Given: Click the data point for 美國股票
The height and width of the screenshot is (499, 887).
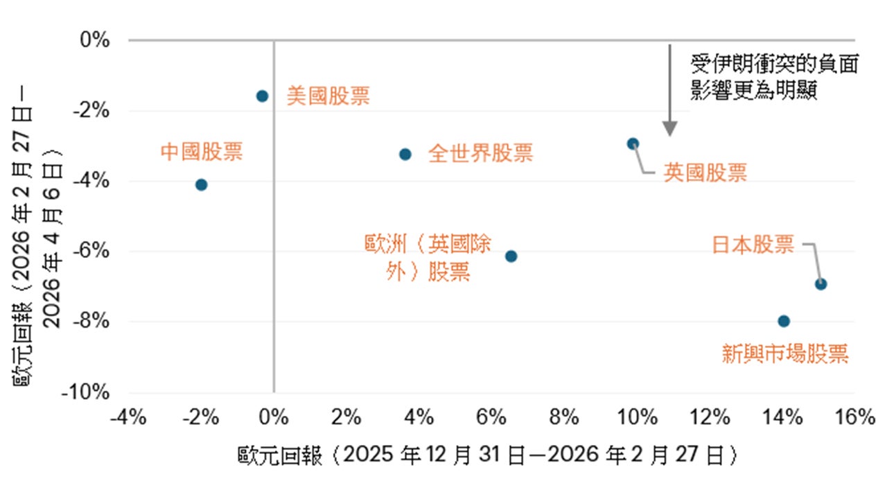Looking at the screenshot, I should click(x=262, y=96).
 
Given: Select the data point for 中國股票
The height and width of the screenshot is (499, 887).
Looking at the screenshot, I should click(x=201, y=184).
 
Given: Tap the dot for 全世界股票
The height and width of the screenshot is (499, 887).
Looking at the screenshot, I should click(x=405, y=154).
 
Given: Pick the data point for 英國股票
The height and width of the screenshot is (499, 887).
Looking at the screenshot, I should click(x=633, y=143).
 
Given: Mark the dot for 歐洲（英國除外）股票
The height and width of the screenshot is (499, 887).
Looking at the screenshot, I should click(x=511, y=256).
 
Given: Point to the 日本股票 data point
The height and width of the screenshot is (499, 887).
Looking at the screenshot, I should click(x=820, y=283).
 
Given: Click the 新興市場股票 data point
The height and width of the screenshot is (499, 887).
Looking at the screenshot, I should click(x=784, y=321).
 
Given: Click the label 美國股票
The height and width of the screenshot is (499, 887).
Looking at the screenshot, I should click(x=328, y=96).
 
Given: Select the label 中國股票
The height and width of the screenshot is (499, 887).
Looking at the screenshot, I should click(x=202, y=152).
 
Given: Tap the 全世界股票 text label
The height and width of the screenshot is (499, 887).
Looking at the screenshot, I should click(x=480, y=153).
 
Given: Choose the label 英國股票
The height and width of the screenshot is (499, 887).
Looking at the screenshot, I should click(x=705, y=173).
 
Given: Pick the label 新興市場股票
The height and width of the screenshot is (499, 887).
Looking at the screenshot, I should click(x=785, y=355).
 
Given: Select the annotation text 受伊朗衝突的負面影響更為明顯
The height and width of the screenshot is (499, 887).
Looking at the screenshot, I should click(x=773, y=78).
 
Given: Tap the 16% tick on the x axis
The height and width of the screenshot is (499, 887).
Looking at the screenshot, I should click(x=855, y=417).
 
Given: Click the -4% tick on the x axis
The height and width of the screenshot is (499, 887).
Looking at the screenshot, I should click(x=129, y=417).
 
